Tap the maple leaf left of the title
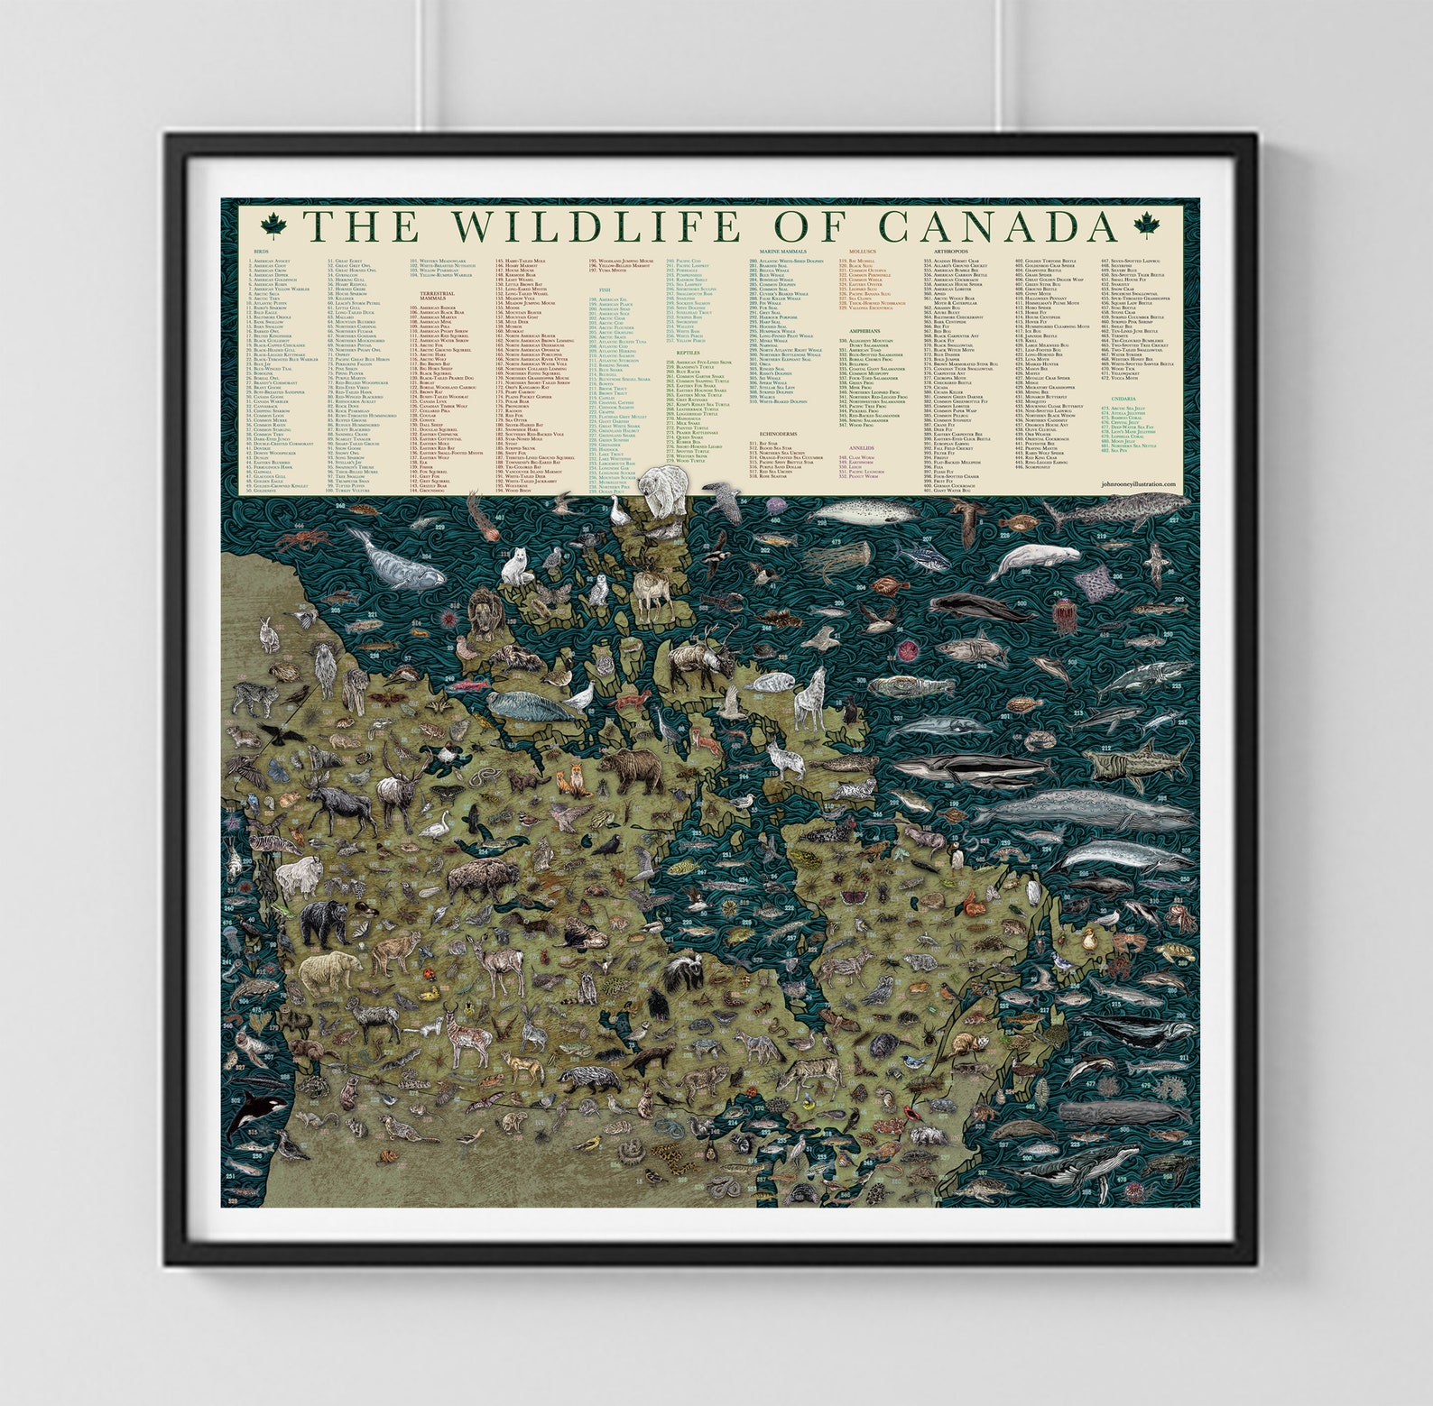pos(272,226)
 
